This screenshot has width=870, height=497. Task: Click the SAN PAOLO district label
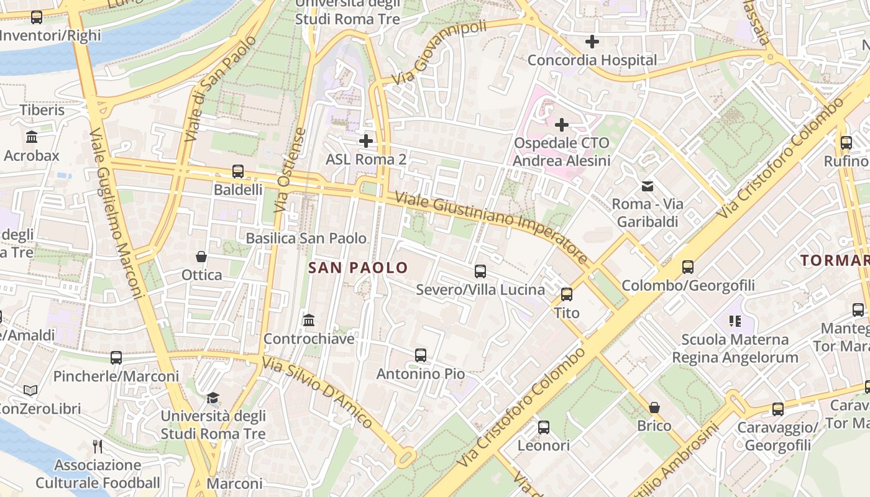pyautogui.click(x=358, y=268)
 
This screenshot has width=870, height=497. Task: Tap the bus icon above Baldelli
pyautogui.click(x=237, y=171)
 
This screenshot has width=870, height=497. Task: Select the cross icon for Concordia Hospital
pyautogui.click(x=592, y=42)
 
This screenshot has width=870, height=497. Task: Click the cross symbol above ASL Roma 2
pyautogui.click(x=366, y=141)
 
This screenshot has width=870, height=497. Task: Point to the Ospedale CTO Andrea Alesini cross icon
pyautogui.click(x=562, y=125)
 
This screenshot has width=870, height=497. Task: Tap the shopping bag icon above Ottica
pyautogui.click(x=201, y=257)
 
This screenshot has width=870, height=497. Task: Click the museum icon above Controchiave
pyautogui.click(x=309, y=321)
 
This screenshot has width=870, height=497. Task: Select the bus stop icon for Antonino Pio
pyautogui.click(x=421, y=355)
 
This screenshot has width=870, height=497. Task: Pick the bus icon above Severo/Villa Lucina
pyautogui.click(x=480, y=271)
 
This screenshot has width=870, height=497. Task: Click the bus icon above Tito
pyautogui.click(x=567, y=294)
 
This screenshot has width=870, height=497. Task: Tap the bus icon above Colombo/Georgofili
pyautogui.click(x=688, y=267)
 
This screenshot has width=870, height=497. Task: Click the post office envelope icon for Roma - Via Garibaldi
pyautogui.click(x=648, y=186)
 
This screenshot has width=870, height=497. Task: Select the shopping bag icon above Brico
pyautogui.click(x=654, y=408)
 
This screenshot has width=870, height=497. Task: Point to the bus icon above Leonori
pyautogui.click(x=544, y=427)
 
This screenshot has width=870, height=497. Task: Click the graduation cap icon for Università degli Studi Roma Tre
pyautogui.click(x=213, y=398)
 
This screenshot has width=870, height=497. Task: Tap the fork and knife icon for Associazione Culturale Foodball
pyautogui.click(x=98, y=446)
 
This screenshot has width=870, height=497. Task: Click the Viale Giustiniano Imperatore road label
pyautogui.click(x=491, y=227)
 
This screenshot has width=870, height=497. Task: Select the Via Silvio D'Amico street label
pyautogui.click(x=318, y=392)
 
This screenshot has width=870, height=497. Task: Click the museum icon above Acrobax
pyautogui.click(x=32, y=137)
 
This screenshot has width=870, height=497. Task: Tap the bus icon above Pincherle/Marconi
pyautogui.click(x=116, y=358)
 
